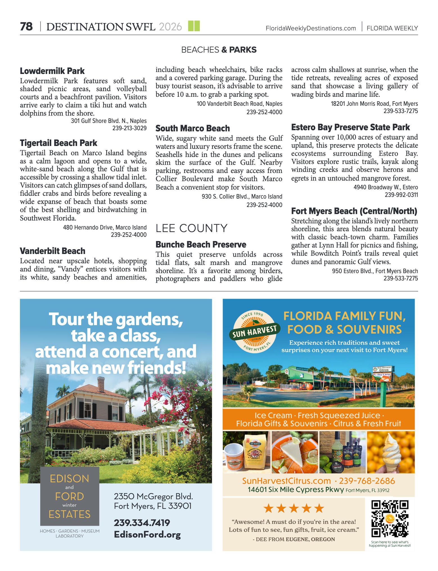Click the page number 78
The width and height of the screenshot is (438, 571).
pyautogui.click(x=26, y=27)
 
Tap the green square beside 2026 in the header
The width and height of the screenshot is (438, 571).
pyautogui.click(x=194, y=26)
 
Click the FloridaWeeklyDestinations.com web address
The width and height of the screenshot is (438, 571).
pyautogui.click(x=311, y=28)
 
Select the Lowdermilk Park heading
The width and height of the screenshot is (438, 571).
pyautogui.click(x=52, y=71)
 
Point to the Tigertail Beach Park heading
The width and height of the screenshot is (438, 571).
pyautogui.click(x=58, y=143)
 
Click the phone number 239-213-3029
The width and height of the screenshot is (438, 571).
pyautogui.click(x=129, y=128)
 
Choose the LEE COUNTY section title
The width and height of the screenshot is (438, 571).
pyautogui.click(x=191, y=228)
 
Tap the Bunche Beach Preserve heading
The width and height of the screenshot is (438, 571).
pyautogui.click(x=201, y=244)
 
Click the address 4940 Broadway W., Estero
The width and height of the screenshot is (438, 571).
pyautogui.click(x=385, y=187)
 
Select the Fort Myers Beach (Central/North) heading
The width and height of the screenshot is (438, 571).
pyautogui.click(x=354, y=211)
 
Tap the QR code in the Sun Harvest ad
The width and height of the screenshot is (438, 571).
pyautogui.click(x=390, y=518)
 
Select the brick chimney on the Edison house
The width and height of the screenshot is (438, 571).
pyautogui.click(x=101, y=384)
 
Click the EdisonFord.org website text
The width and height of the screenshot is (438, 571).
pyautogui.click(x=147, y=534)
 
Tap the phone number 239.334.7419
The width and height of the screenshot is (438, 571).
pyautogui.click(x=142, y=523)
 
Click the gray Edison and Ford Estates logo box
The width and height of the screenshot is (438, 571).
pyautogui.click(x=69, y=496)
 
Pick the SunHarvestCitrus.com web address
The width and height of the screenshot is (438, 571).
pyautogui.click(x=286, y=481)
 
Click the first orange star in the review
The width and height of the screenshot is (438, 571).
pyautogui.click(x=269, y=509)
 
